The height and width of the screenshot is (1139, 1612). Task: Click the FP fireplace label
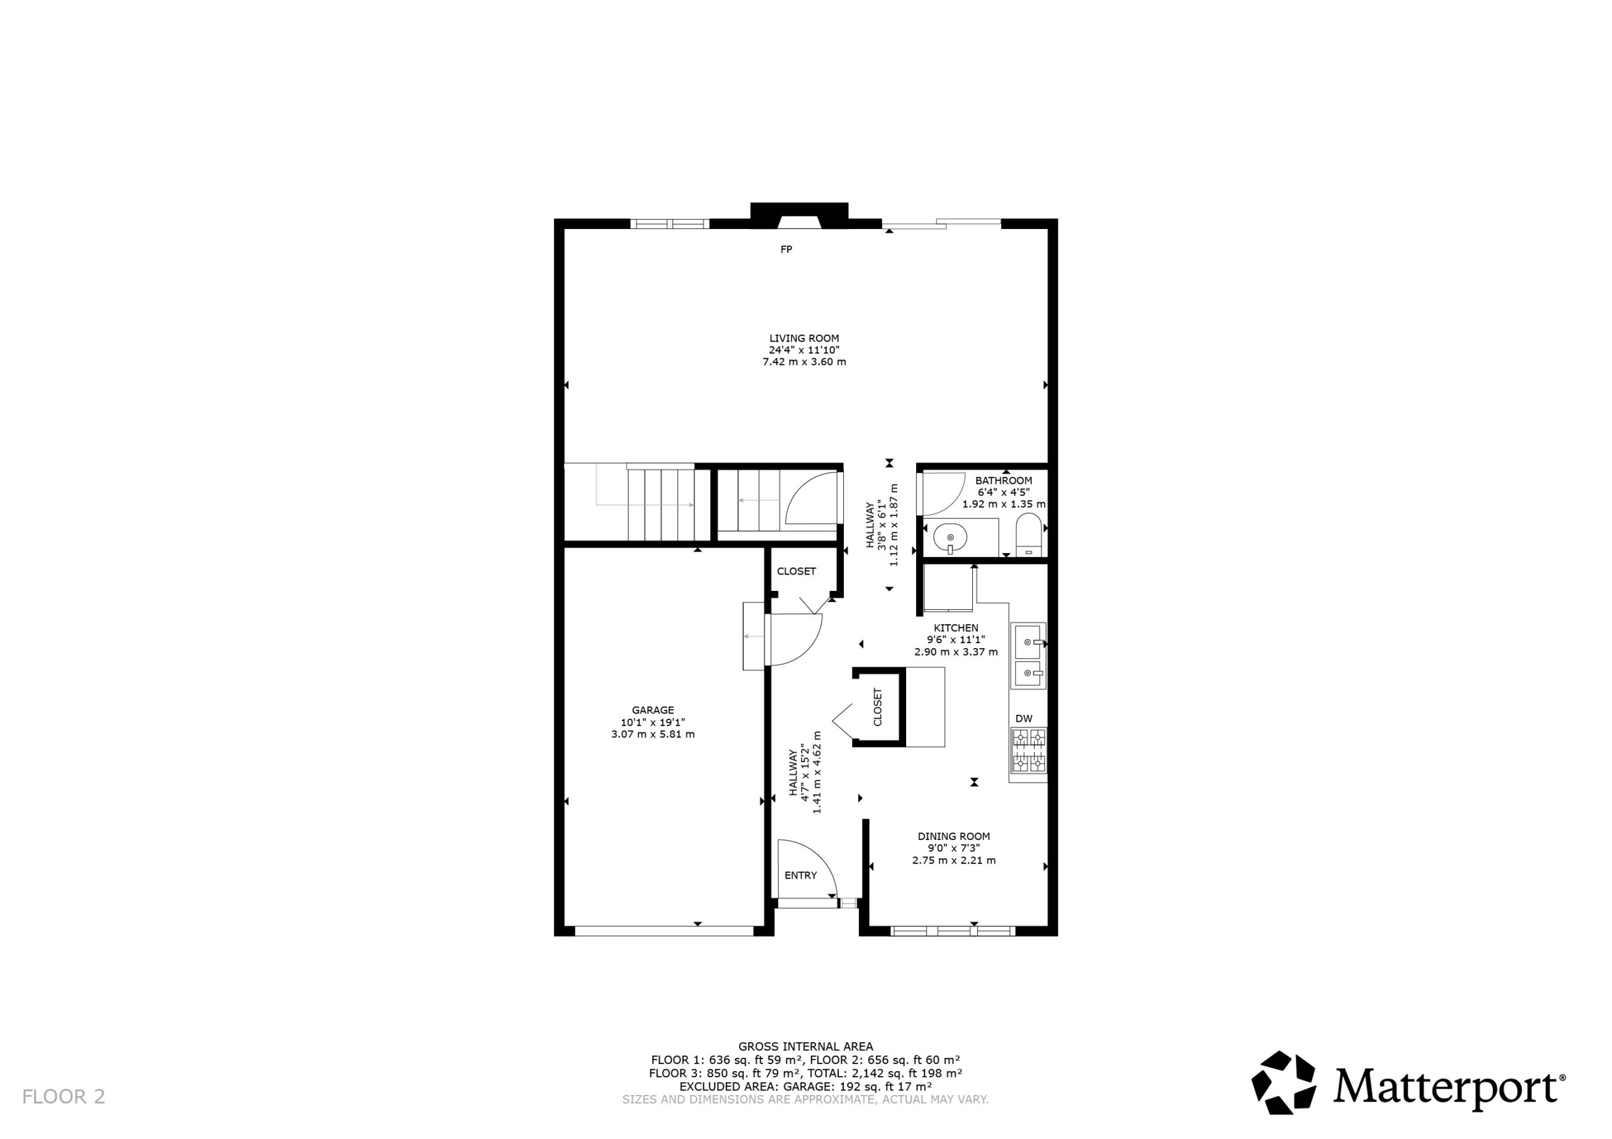coord(786,249)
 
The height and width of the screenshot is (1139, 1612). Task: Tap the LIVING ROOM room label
coord(804,339)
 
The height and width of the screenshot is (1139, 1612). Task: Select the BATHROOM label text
coord(1003,481)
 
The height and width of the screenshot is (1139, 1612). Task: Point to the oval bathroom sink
coord(950,538)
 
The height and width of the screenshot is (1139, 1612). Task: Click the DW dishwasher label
coord(1025,718)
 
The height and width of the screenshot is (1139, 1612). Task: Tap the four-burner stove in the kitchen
coord(1028,751)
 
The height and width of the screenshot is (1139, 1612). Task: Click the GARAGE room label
coord(653,710)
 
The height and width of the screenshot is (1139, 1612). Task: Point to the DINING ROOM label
coord(953,836)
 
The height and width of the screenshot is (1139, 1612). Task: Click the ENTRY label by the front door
coord(800,875)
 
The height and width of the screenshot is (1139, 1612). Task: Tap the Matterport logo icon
coord(1283,1082)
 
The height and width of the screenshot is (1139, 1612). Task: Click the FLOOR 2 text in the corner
coord(64,1096)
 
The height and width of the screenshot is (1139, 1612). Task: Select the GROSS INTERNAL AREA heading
coord(805,1046)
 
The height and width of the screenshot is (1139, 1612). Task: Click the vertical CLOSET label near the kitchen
coord(878,707)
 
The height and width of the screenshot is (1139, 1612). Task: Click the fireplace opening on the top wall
coord(800,222)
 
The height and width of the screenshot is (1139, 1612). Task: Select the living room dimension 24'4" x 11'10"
coord(804,350)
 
